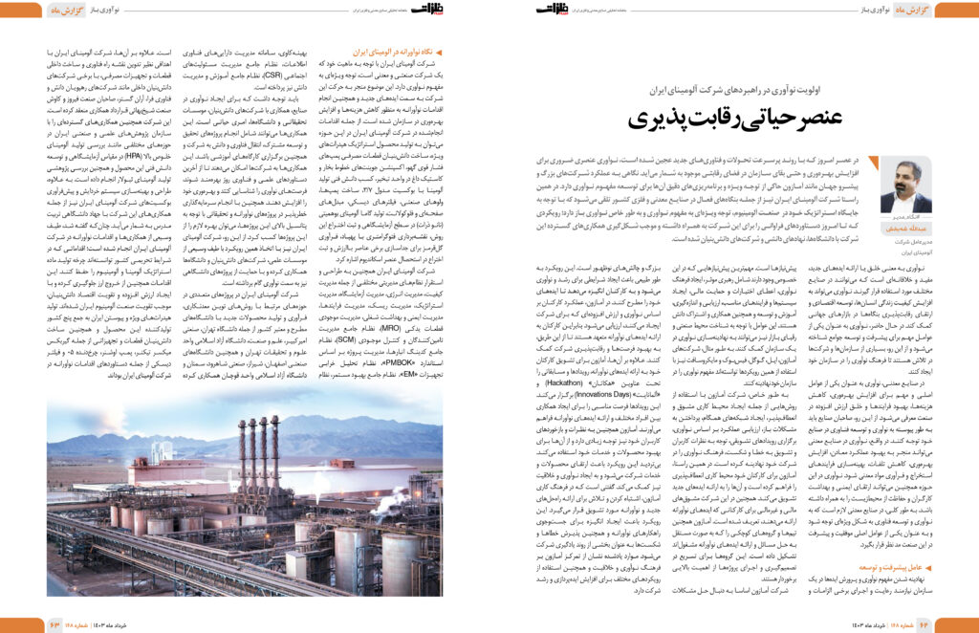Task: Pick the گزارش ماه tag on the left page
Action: pos(24,11)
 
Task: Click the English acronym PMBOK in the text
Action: pos(330,362)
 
